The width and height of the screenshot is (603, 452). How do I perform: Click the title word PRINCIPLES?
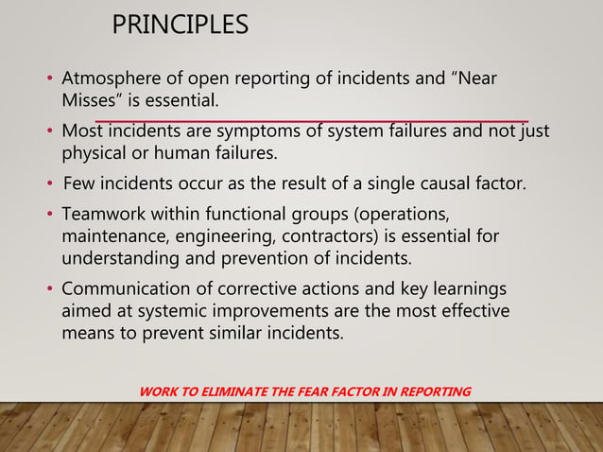coord(181,25)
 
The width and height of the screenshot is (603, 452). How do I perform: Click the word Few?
coord(78,183)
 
